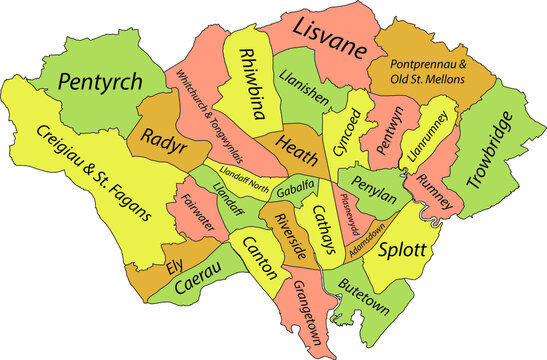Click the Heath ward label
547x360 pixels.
click(298, 143)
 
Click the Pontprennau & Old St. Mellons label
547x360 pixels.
click(414, 70)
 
